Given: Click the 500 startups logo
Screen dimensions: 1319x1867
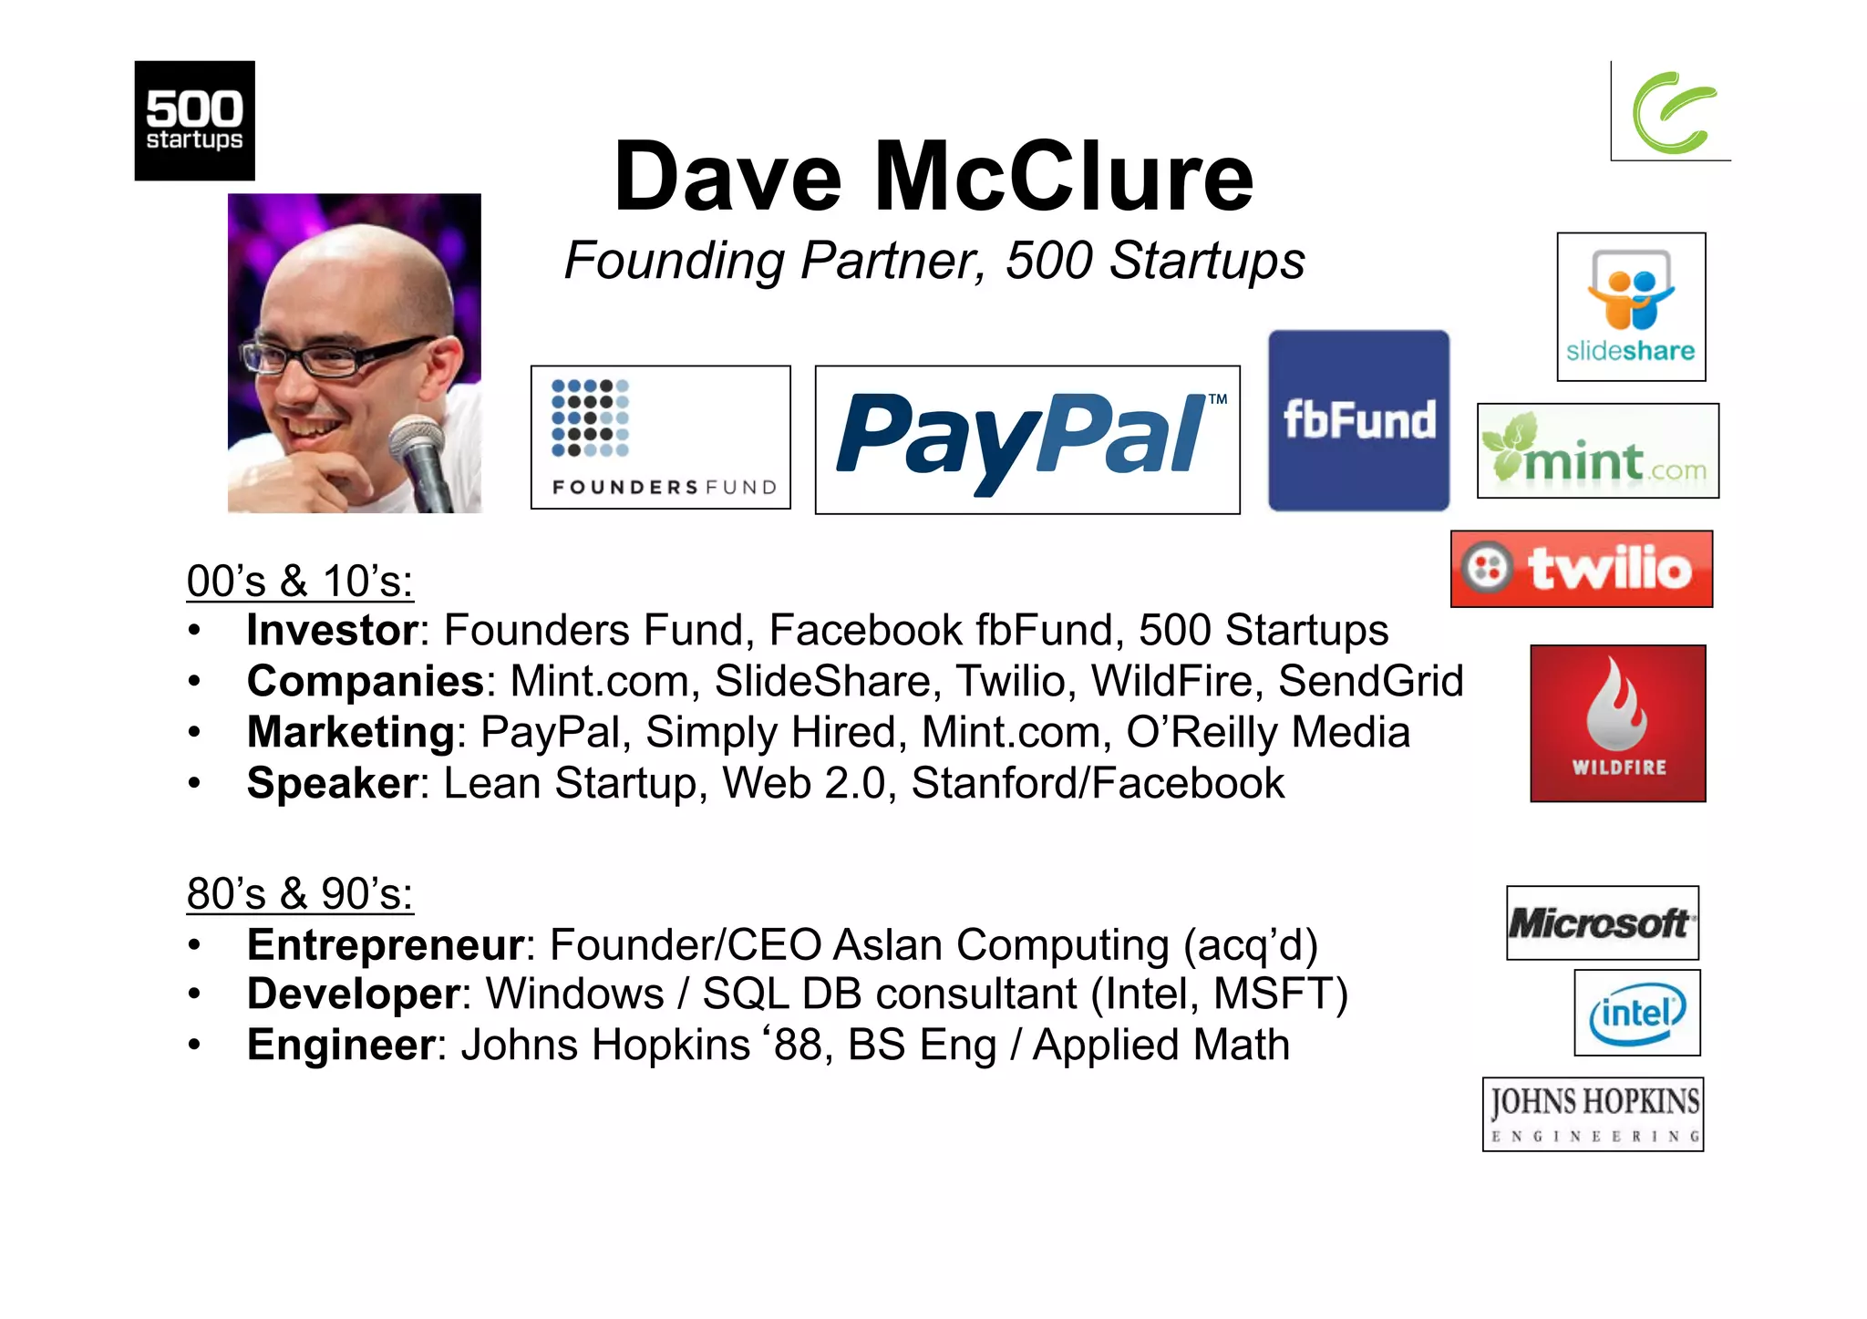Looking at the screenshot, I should (194, 120).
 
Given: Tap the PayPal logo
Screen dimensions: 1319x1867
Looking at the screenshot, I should (1026, 439).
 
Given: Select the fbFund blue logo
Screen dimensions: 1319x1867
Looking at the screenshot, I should (1358, 420).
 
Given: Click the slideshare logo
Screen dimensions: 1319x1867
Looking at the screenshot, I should (1631, 306).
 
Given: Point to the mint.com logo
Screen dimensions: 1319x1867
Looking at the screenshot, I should (1597, 451).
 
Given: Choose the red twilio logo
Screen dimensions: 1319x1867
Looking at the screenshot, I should (1582, 569).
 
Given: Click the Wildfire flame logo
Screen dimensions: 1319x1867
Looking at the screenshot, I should (1617, 723).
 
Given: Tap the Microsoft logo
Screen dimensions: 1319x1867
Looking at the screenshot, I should (1602, 922).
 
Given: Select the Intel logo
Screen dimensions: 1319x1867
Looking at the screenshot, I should (1637, 1013).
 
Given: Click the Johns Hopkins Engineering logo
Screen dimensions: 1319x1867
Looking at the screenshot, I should (1593, 1114).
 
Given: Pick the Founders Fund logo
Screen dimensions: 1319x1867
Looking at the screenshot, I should (660, 438).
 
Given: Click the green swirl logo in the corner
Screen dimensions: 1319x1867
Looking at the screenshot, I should (1672, 112).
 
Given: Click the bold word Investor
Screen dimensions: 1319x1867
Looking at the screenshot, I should (332, 630).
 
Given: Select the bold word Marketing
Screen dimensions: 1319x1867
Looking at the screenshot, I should (350, 732).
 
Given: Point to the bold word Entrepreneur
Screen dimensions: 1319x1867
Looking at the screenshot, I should (386, 944).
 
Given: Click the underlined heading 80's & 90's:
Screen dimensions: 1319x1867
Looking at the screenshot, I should (300, 893).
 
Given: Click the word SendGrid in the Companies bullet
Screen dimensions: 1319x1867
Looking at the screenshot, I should (1370, 681).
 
